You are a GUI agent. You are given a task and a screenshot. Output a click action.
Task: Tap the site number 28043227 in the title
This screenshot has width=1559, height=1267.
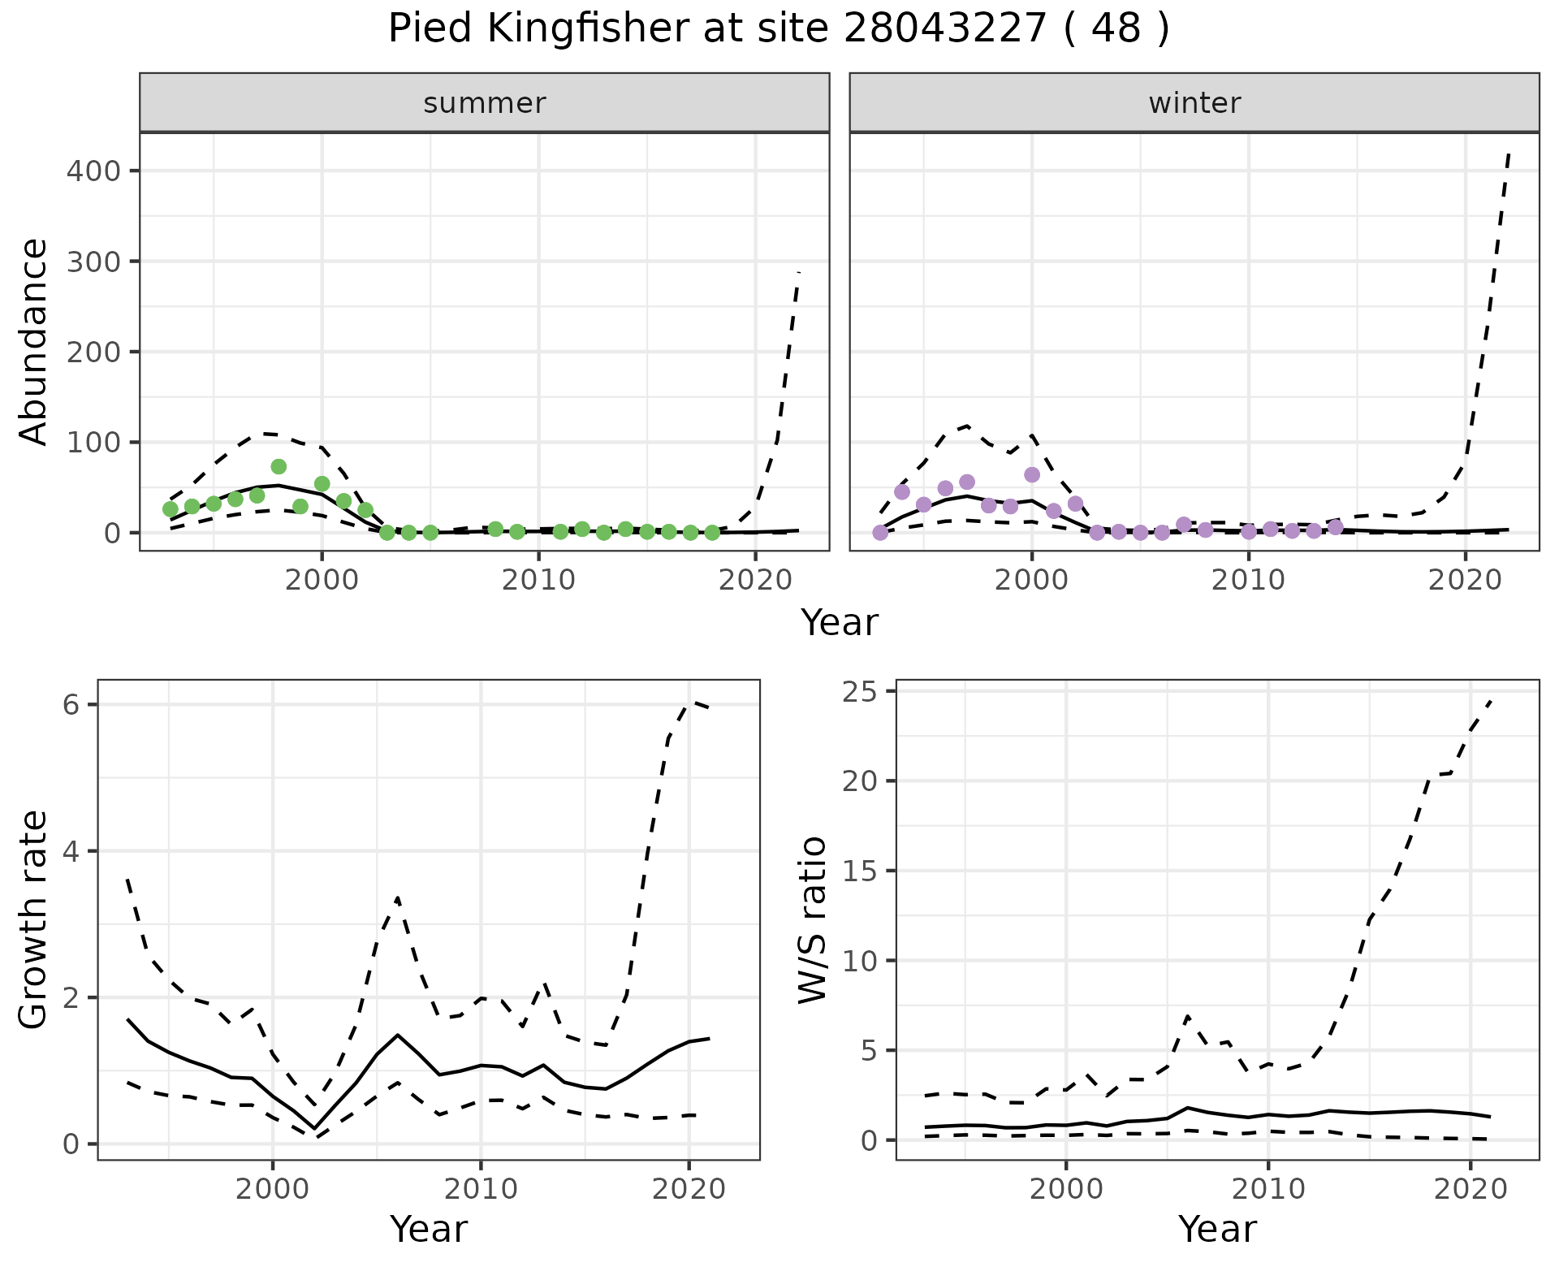[x=944, y=29]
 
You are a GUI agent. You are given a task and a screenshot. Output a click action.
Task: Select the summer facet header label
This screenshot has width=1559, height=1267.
[x=485, y=103]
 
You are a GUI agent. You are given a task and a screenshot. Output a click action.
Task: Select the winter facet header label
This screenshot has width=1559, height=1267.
[x=1194, y=103]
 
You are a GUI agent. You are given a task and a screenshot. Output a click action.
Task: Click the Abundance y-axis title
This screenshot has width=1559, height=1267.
[x=34, y=341]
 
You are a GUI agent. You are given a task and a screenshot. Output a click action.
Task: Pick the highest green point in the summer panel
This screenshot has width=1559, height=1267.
[x=279, y=466]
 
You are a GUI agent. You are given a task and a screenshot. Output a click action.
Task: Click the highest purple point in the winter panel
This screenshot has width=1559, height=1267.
[x=1032, y=474]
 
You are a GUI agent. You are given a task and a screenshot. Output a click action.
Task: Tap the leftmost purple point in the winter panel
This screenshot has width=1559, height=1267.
[x=880, y=533]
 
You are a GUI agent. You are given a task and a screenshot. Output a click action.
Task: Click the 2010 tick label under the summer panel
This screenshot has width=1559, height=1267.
[x=538, y=581]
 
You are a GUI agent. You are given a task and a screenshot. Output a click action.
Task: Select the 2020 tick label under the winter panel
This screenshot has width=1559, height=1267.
[x=1466, y=581]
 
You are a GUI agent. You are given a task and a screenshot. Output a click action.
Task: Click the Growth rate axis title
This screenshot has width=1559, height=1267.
[x=34, y=920]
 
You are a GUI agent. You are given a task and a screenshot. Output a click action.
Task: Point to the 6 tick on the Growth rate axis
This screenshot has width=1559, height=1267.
[x=71, y=704]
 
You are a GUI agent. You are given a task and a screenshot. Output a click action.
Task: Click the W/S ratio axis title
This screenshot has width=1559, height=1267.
[x=812, y=920]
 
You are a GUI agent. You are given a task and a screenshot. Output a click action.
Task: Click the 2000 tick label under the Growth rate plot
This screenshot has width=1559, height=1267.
[x=273, y=1190]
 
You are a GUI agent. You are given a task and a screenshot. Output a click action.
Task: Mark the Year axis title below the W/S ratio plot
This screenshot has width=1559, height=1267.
[x=1217, y=1229]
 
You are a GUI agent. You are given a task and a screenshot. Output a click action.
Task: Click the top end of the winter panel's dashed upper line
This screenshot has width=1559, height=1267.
[x=1509, y=152]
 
